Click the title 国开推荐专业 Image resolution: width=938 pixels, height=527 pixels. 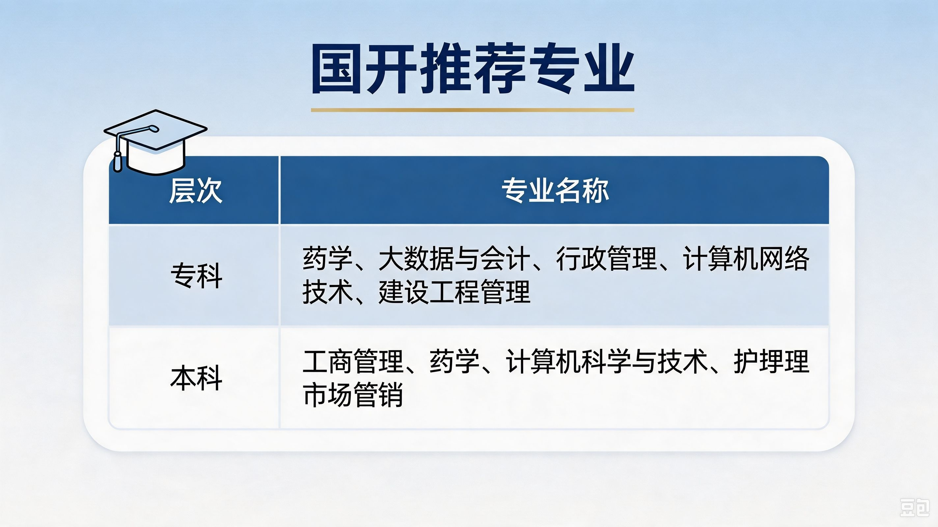click(473, 69)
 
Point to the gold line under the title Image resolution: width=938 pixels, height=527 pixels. click(472, 110)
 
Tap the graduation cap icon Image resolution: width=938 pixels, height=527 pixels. click(155, 142)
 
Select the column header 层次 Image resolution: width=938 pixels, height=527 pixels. click(196, 190)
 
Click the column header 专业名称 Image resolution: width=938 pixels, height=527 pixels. click(555, 190)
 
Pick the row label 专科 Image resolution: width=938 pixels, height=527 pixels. click(196, 275)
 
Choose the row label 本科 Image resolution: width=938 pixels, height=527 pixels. click(196, 378)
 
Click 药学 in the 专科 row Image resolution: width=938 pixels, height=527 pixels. click(328, 259)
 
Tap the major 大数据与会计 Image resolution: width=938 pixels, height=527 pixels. click(454, 259)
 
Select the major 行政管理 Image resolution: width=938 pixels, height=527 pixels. click(606, 259)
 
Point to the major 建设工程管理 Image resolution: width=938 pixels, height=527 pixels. click(454, 292)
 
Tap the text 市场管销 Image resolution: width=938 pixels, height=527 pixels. click(353, 395)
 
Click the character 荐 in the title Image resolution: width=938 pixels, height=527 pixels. click(500, 69)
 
